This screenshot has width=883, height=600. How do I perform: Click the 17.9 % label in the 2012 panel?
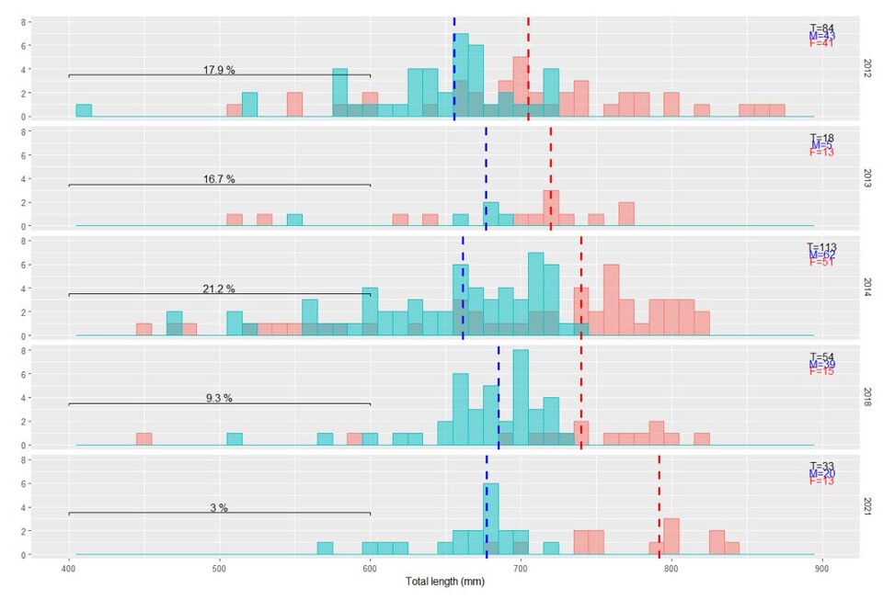click(219, 70)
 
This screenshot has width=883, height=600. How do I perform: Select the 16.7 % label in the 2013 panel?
click(219, 179)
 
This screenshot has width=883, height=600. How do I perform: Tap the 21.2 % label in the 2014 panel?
click(219, 289)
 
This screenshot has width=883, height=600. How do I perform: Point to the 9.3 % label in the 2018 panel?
click(219, 398)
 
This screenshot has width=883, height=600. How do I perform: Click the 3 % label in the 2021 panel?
click(219, 507)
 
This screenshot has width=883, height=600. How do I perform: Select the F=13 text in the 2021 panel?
click(822, 481)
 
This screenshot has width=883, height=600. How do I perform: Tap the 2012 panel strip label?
click(867, 68)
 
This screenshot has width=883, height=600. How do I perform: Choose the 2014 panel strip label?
click(867, 287)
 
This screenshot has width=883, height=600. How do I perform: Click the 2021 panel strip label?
click(867, 505)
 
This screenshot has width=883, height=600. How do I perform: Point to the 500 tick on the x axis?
click(219, 569)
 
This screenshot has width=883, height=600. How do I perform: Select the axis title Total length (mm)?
click(445, 583)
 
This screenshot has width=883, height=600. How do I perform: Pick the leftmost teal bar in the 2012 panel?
click(84, 111)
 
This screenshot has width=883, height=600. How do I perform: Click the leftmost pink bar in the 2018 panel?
click(143, 439)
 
